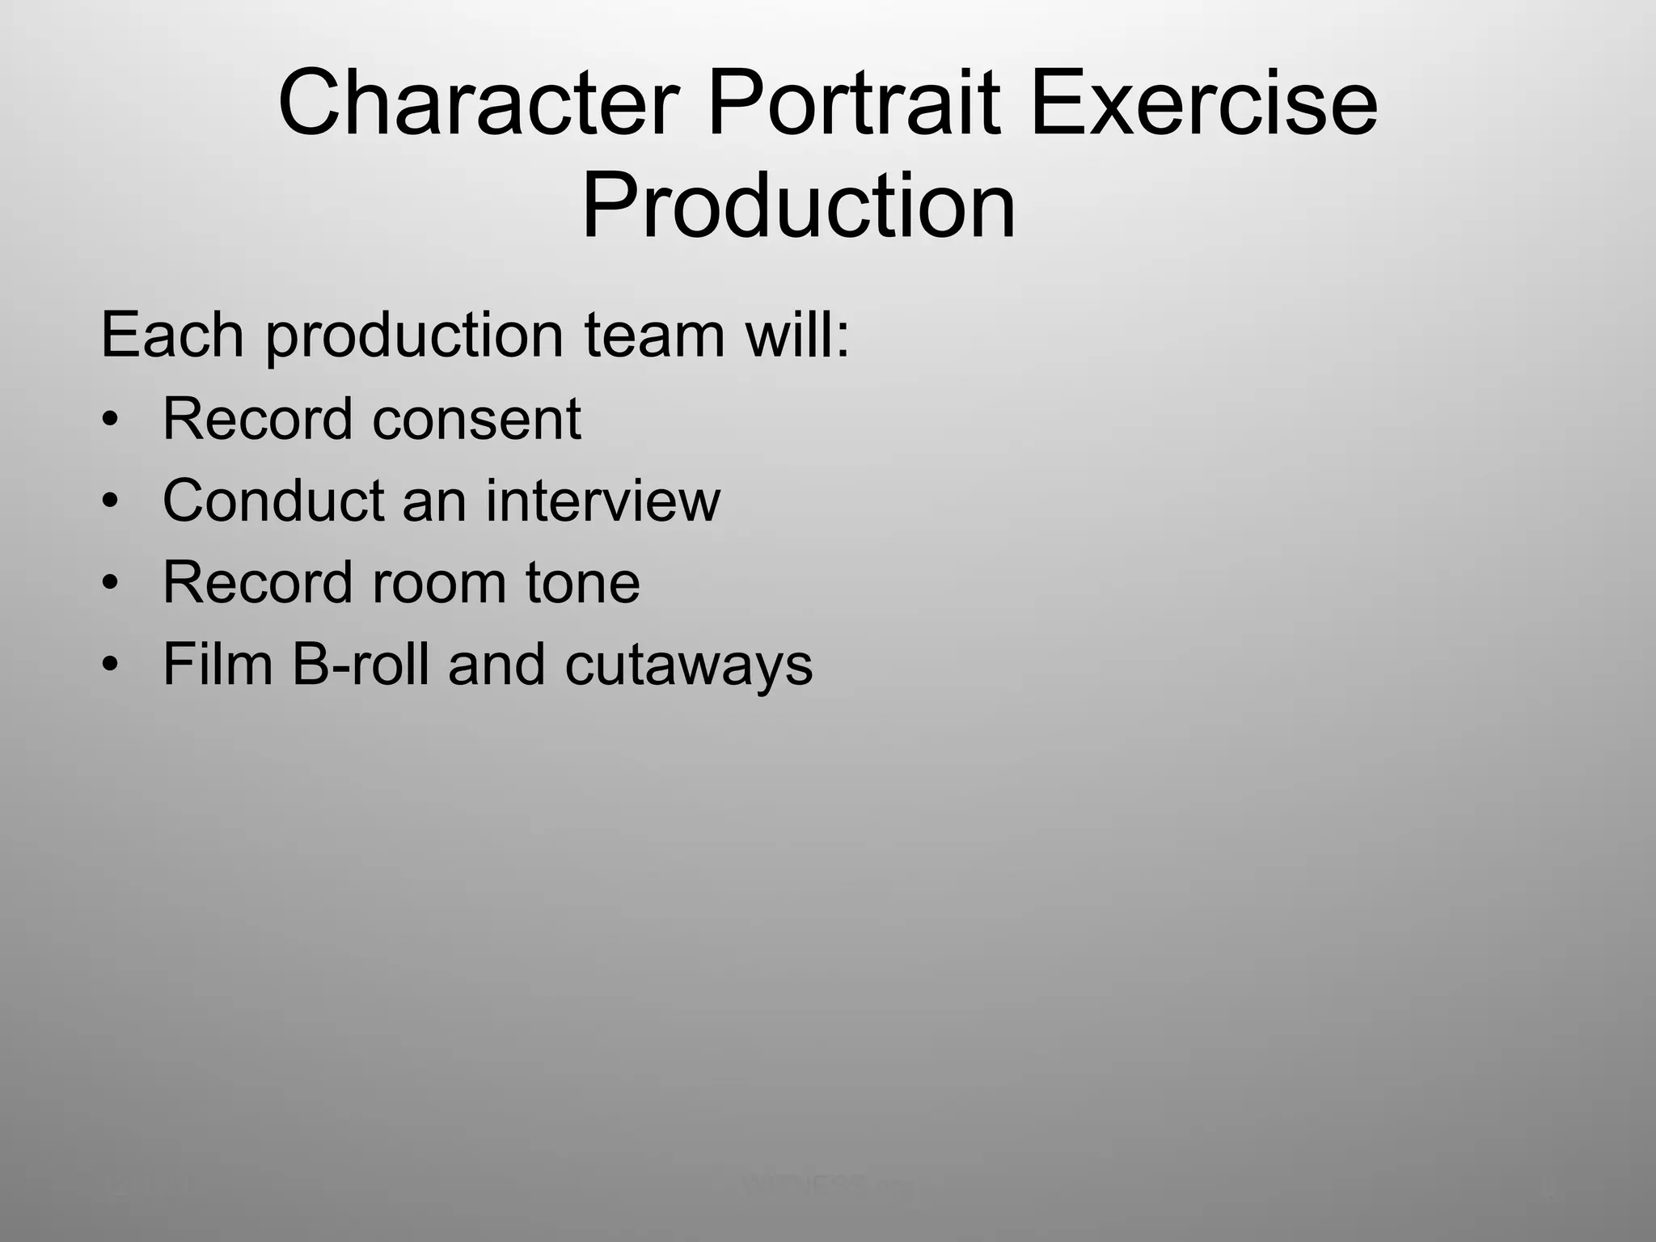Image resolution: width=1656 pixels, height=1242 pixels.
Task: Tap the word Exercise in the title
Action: point(1203,104)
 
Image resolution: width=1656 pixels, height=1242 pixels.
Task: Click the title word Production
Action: point(798,207)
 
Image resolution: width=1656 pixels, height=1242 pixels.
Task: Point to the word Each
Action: point(172,335)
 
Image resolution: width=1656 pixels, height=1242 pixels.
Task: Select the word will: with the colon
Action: point(797,335)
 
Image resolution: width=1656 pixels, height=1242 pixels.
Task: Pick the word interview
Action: point(602,501)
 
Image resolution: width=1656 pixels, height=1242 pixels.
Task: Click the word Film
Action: point(218,665)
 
